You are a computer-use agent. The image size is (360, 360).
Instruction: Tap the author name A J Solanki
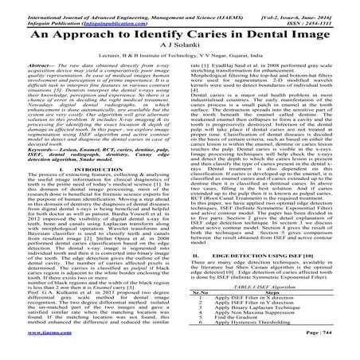pyautogui.click(x=180, y=50)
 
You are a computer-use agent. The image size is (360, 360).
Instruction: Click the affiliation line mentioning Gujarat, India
pyautogui.click(x=180, y=61)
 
